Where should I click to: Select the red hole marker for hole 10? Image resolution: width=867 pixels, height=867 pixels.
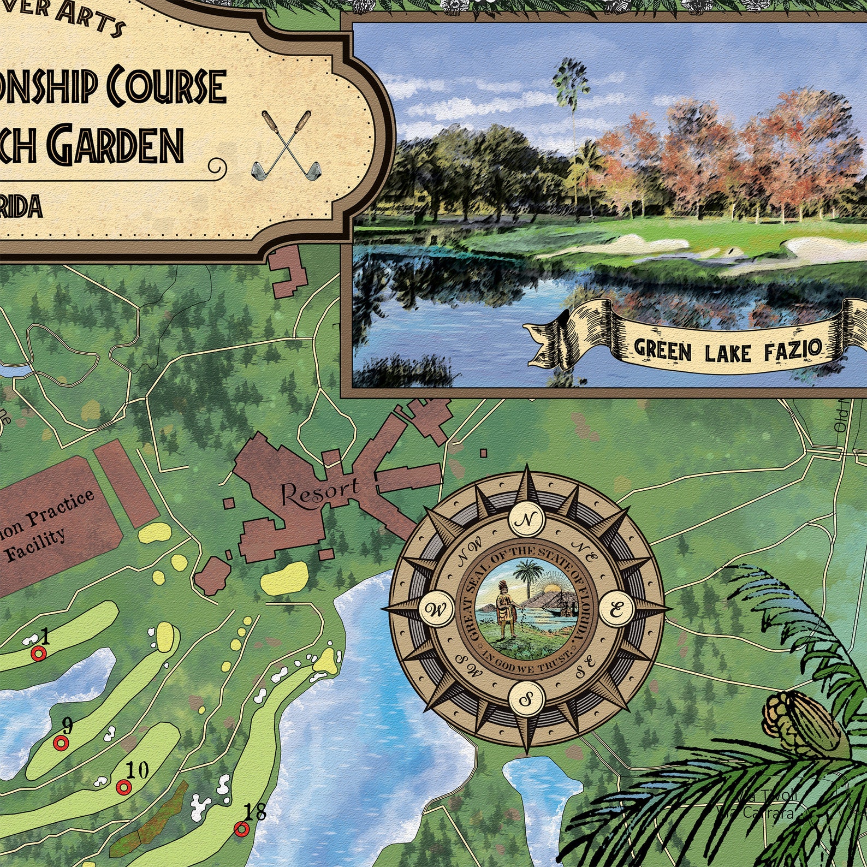click(x=124, y=787)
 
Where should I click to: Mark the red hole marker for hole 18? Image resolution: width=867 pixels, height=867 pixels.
click(x=241, y=829)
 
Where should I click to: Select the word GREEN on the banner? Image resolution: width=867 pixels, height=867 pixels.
click(x=662, y=350)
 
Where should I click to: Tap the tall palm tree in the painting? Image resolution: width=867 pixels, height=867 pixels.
click(x=572, y=109)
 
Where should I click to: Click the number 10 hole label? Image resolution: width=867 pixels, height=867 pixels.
click(x=136, y=770)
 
